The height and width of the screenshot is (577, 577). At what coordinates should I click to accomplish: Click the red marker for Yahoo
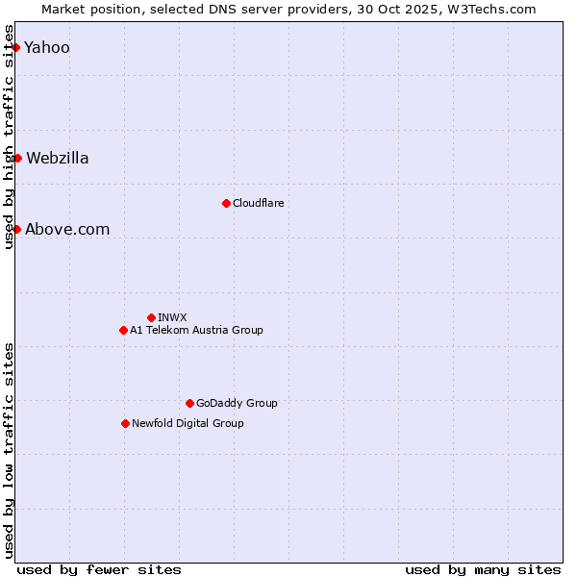tap(15, 47)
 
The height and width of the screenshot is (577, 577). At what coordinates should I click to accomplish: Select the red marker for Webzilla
tap(17, 158)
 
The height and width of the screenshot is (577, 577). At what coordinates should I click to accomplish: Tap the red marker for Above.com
tap(16, 229)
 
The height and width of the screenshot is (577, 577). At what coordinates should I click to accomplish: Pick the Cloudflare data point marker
tap(226, 203)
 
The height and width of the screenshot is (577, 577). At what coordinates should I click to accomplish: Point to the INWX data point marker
tap(151, 317)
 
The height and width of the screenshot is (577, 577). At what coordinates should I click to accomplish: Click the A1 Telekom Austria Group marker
tap(123, 330)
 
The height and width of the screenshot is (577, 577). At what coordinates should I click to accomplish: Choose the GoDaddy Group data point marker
tap(189, 403)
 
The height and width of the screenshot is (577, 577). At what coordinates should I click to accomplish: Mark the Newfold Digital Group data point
tap(125, 423)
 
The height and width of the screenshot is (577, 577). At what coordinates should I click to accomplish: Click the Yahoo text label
tap(47, 48)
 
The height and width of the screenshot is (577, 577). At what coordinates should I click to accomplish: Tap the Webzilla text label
tap(58, 159)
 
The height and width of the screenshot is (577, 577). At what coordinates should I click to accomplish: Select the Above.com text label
tap(67, 230)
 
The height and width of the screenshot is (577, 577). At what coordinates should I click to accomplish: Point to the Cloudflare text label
tap(258, 204)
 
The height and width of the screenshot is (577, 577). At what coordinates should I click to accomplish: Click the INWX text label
tap(172, 317)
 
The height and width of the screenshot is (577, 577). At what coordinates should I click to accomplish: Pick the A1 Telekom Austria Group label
tap(196, 330)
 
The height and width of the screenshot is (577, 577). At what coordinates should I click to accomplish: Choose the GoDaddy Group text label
tap(237, 404)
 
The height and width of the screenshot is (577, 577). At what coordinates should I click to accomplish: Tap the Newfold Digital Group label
tap(188, 423)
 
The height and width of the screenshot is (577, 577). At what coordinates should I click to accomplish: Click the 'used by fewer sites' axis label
tap(99, 569)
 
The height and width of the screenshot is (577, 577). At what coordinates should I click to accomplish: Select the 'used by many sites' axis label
tap(483, 569)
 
